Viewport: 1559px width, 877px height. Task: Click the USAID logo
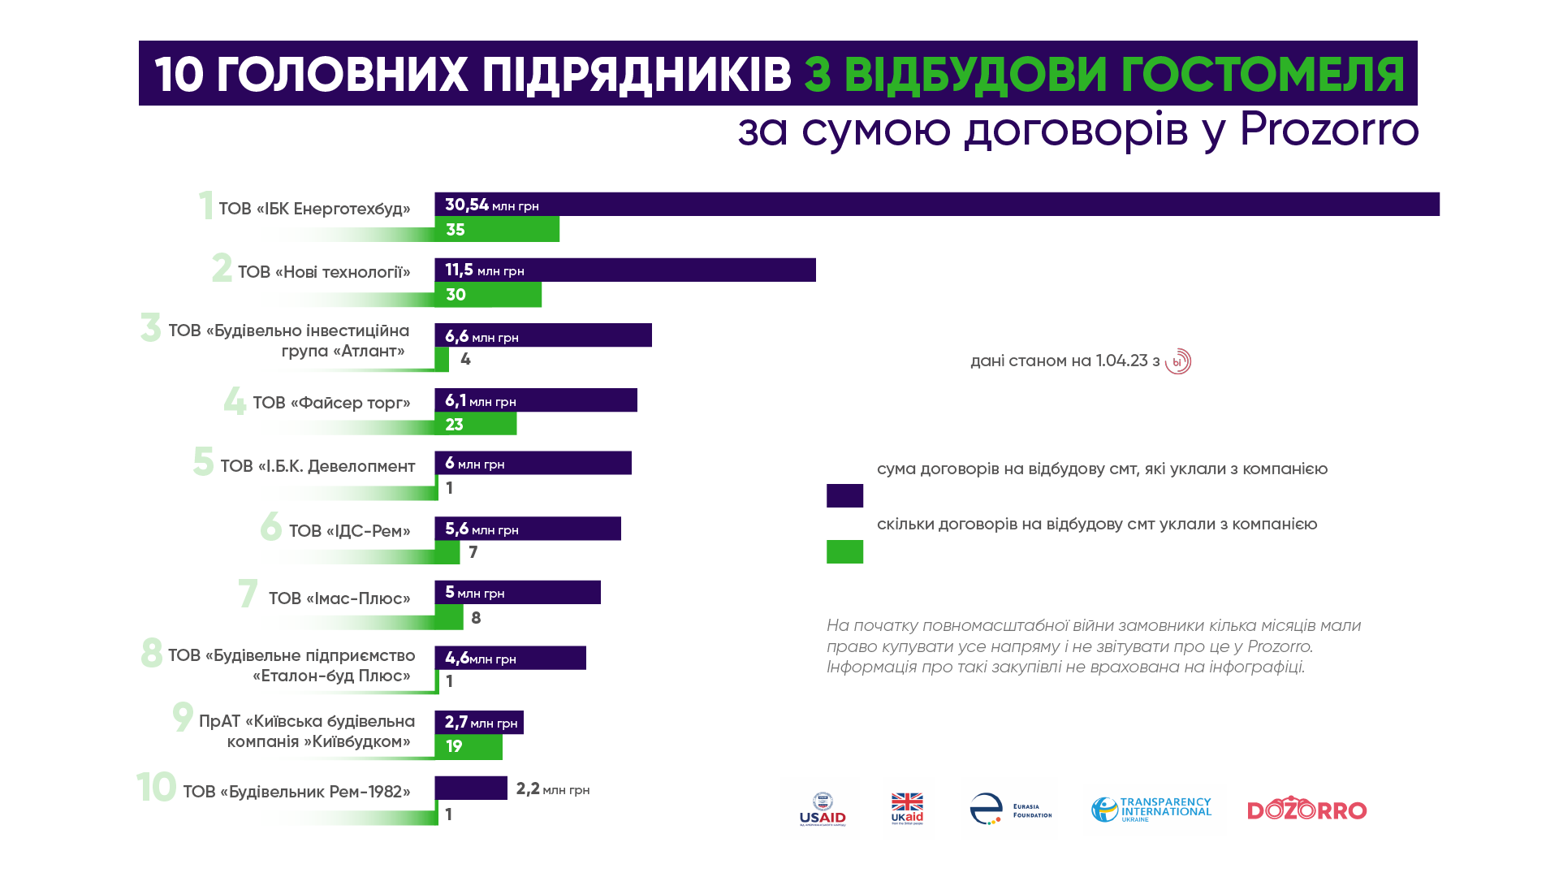pos(822,810)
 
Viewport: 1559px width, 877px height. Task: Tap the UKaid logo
pos(907,809)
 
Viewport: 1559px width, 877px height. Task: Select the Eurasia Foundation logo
pos(1010,809)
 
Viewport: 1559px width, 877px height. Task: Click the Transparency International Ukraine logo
pos(1151,810)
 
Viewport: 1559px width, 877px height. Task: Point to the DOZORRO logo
pos(1306,810)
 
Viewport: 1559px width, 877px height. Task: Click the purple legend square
pos(844,495)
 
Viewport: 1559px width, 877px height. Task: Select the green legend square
pos(844,551)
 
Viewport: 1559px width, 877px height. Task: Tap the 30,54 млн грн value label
pos(491,205)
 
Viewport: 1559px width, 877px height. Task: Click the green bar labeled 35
pos(497,230)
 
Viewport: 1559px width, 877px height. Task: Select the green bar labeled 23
pos(475,424)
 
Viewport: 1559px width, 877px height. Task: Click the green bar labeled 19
pos(469,746)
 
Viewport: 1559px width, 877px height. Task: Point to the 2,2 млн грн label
pos(552,789)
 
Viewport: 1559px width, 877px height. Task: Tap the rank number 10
pos(156,787)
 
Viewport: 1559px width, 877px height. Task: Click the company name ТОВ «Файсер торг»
pos(331,403)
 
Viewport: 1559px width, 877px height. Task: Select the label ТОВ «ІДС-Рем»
pos(349,531)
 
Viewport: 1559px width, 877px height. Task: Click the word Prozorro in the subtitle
pos(1328,130)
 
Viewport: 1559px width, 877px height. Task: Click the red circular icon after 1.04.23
pos(1177,361)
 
